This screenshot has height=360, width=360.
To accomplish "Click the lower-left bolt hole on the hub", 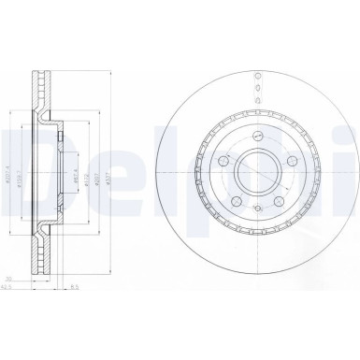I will [x=233, y=198].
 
